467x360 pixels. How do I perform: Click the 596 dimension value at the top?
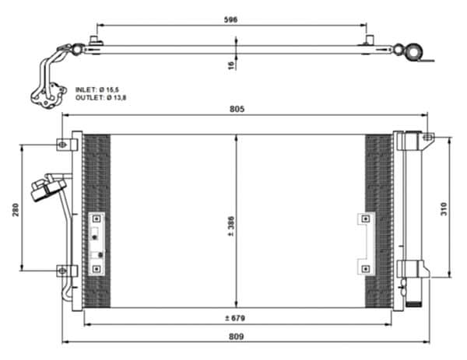(230, 19)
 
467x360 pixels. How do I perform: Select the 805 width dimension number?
(237, 109)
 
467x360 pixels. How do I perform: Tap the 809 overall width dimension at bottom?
(236, 337)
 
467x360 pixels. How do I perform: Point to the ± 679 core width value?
(235, 318)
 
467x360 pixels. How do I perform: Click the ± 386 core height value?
(231, 226)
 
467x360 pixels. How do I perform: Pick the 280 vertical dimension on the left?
(16, 210)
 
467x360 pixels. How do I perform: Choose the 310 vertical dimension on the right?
(444, 209)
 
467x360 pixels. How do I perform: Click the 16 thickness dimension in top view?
(231, 65)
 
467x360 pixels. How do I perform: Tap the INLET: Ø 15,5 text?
(97, 89)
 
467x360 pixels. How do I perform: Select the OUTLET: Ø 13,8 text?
(101, 98)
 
